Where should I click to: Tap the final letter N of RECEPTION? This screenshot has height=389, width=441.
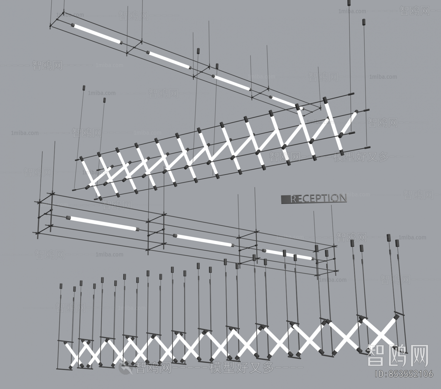click(342, 198)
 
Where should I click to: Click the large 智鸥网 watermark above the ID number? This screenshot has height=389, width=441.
click(397, 355)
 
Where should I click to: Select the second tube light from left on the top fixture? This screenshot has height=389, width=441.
click(169, 59)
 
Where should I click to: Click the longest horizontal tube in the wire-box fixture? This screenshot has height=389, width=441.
click(103, 223)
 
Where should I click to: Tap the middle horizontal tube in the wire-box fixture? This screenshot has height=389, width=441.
click(203, 240)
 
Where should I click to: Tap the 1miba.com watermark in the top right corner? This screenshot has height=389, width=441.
click(353, 11)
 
